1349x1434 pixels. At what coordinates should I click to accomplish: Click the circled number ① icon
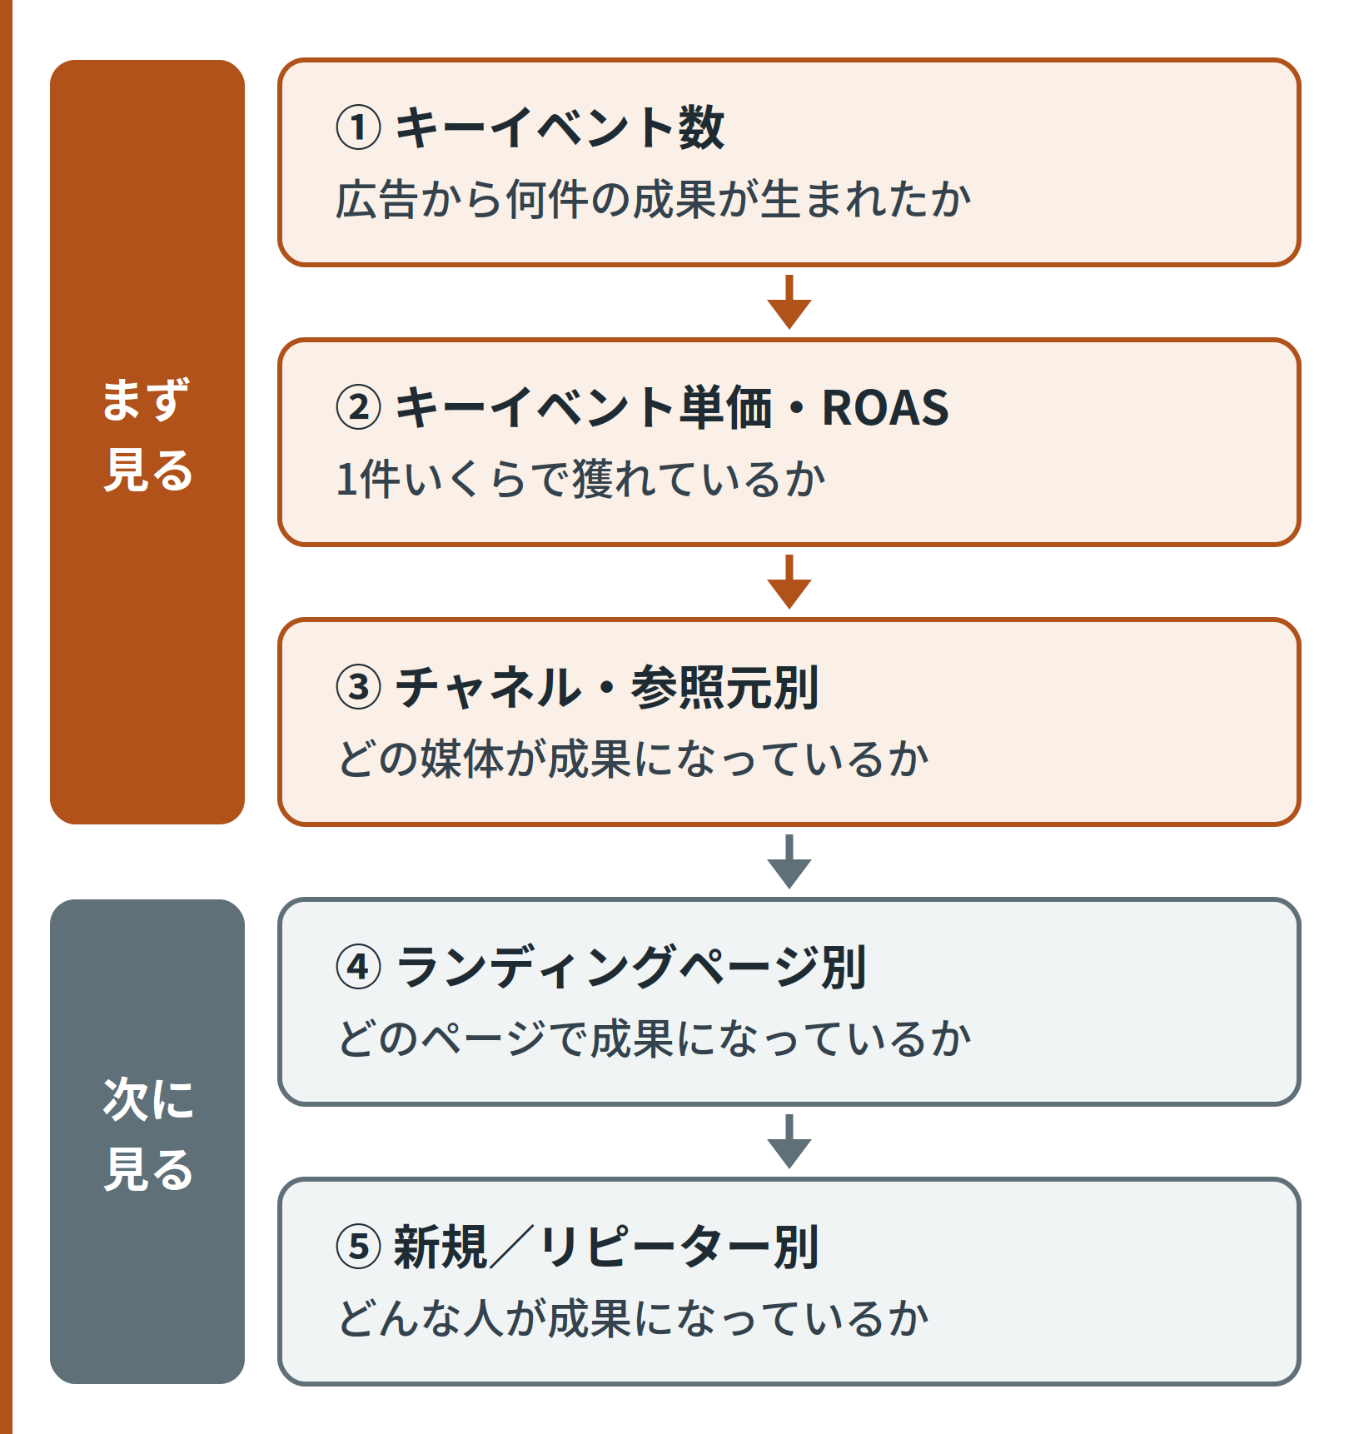[x=358, y=128]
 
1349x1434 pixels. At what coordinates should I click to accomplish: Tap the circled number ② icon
[x=358, y=408]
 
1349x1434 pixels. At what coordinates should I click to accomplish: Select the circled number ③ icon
[x=358, y=688]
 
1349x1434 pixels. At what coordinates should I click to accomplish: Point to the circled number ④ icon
[x=358, y=968]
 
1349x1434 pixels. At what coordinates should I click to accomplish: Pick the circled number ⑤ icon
[x=358, y=1247]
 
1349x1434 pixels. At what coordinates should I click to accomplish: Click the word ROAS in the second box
[x=885, y=408]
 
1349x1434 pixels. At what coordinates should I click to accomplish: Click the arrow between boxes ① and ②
[x=789, y=301]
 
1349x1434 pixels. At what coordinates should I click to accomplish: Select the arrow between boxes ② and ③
[x=789, y=581]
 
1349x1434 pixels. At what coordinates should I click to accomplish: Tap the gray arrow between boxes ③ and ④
[x=789, y=861]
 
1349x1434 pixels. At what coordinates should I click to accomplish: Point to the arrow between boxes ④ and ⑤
[x=789, y=1141]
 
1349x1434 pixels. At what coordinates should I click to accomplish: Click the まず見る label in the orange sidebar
[x=147, y=435]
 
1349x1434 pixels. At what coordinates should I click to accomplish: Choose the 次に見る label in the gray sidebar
[x=147, y=1134]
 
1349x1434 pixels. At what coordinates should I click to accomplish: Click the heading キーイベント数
[x=560, y=128]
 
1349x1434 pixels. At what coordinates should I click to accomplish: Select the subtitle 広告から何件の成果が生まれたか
[x=654, y=200]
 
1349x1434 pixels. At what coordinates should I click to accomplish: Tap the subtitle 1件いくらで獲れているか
[x=580, y=480]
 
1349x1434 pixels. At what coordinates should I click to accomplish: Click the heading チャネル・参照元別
[x=607, y=688]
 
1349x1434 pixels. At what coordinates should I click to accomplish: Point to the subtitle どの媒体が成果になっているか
[x=633, y=759]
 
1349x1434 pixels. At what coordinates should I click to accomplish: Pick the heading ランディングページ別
[x=631, y=968]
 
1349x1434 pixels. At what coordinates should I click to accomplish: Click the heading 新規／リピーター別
[x=607, y=1247]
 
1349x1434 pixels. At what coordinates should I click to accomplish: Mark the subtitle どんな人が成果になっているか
[x=633, y=1319]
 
